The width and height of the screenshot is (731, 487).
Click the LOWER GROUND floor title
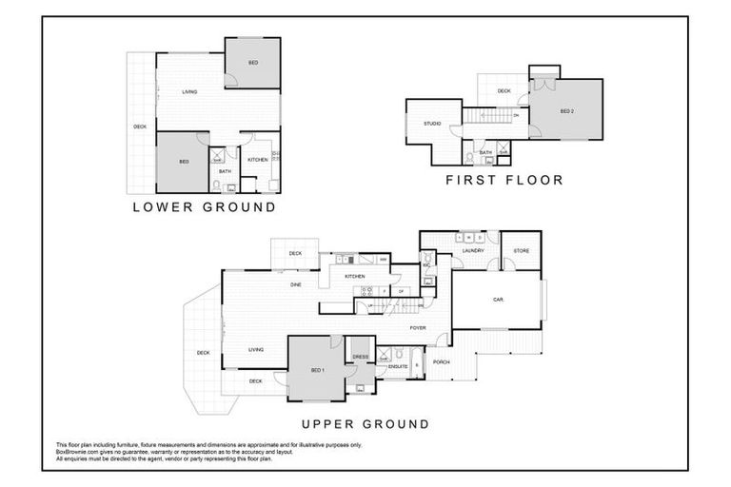pyautogui.click(x=204, y=206)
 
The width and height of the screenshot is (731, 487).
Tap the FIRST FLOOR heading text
pyautogui.click(x=504, y=179)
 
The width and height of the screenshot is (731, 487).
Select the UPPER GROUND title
pyautogui.click(x=365, y=424)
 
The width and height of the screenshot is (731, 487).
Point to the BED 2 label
pyautogui.click(x=566, y=111)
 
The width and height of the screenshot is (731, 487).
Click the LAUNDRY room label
pyautogui.click(x=473, y=251)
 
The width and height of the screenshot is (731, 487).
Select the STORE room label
pyautogui.click(x=521, y=251)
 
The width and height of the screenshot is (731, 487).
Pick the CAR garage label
pyautogui.click(x=498, y=300)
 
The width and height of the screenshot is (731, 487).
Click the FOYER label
pyautogui.click(x=418, y=328)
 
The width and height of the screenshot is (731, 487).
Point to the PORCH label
pyautogui.click(x=441, y=362)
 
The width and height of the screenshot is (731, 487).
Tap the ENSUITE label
pyautogui.click(x=398, y=365)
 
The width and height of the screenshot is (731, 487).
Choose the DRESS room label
pyautogui.click(x=360, y=357)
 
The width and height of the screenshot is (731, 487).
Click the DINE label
pyautogui.click(x=296, y=284)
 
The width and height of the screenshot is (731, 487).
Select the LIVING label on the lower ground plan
pyautogui.click(x=189, y=91)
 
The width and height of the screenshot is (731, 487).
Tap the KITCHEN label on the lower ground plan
pyautogui.click(x=257, y=160)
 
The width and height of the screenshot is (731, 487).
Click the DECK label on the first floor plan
pyautogui.click(x=504, y=91)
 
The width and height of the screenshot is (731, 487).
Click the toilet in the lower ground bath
pyautogui.click(x=217, y=185)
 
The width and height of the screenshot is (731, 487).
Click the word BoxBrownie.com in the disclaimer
pyautogui.click(x=77, y=451)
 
